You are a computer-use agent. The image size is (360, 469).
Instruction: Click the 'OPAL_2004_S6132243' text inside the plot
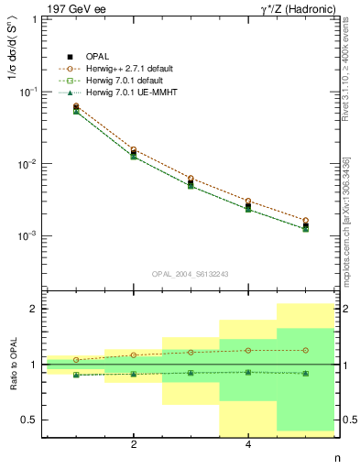point(190,274)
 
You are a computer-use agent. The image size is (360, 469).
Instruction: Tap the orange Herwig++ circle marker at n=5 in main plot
point(305,221)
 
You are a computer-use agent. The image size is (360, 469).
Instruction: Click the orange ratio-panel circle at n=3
point(191,352)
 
